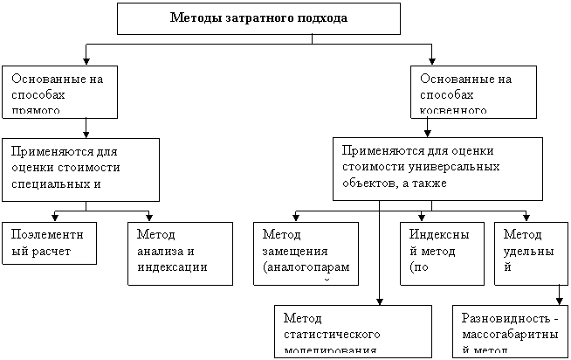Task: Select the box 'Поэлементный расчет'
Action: click(x=48, y=243)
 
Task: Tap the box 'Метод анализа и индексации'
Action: click(x=179, y=253)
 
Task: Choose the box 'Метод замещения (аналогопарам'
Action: click(x=304, y=253)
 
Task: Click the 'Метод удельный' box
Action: click(x=527, y=253)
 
